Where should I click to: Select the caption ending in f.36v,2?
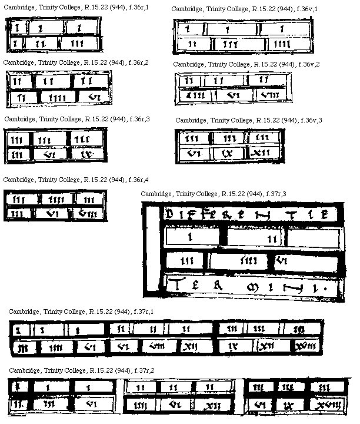point(246,64)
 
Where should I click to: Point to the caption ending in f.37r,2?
point(81,370)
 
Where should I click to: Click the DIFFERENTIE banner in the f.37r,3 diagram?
point(251,214)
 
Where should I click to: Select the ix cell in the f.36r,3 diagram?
point(87,154)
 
